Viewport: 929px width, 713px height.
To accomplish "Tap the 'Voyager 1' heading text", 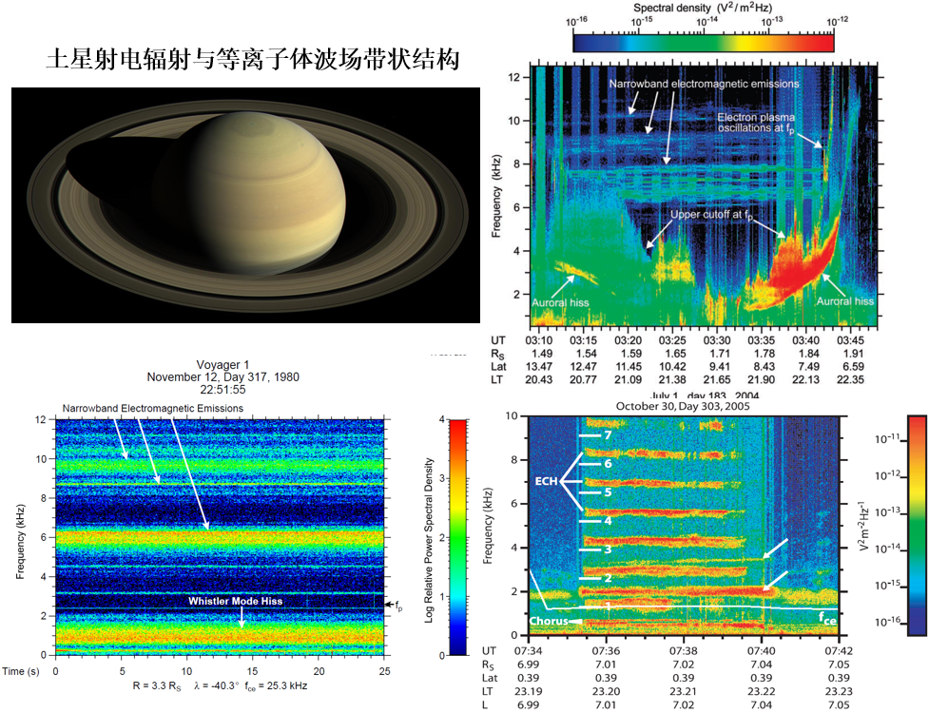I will tap(222, 364).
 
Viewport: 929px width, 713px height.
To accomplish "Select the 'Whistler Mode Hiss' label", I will tap(235, 601).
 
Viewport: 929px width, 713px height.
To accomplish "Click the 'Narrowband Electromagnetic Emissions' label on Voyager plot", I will tap(152, 408).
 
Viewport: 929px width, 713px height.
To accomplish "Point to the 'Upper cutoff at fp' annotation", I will tap(712, 216).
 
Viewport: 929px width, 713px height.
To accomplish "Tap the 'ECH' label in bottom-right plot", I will tap(546, 481).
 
